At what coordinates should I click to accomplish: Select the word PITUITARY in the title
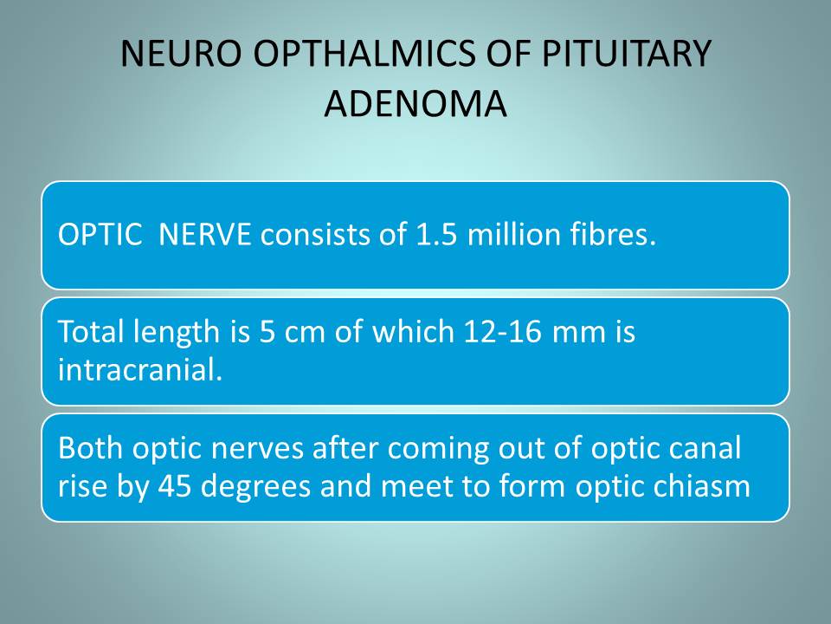[626, 54]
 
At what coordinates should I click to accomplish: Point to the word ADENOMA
[415, 103]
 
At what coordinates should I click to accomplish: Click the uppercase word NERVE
[204, 234]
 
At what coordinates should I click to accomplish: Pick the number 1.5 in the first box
[436, 234]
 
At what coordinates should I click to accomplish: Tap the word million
[513, 234]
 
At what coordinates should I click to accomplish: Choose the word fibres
[613, 234]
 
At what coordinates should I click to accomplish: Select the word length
[177, 333]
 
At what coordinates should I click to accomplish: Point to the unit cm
[304, 333]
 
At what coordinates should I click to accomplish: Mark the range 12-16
[502, 332]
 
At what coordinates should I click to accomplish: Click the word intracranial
[140, 369]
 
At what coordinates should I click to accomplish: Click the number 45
[175, 486]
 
